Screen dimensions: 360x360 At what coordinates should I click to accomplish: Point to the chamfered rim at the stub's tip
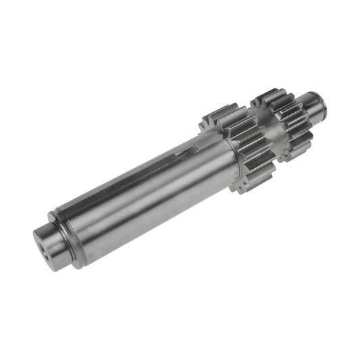pyautogui.click(x=324, y=103)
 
